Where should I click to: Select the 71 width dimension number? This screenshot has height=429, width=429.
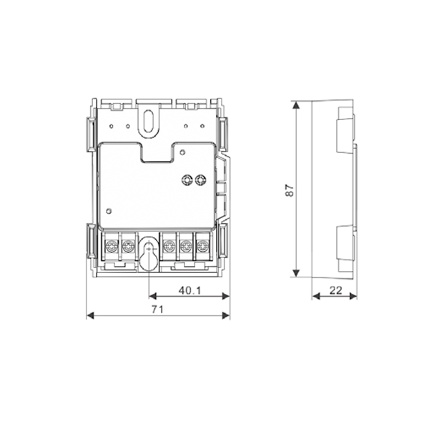click(x=158, y=309)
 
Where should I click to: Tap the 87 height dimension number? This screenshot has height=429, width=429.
click(x=289, y=191)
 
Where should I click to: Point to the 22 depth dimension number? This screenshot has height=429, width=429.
click(x=335, y=290)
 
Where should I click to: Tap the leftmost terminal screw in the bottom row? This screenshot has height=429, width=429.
click(x=112, y=247)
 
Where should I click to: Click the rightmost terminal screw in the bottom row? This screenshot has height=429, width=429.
click(x=203, y=247)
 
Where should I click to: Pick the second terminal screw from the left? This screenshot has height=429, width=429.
click(x=128, y=247)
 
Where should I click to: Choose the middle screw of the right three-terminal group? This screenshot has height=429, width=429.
click(x=186, y=247)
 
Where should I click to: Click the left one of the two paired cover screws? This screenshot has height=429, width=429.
click(x=188, y=180)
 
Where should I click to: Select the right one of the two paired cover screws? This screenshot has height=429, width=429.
click(x=201, y=180)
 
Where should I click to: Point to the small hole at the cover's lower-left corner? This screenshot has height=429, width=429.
click(x=108, y=210)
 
